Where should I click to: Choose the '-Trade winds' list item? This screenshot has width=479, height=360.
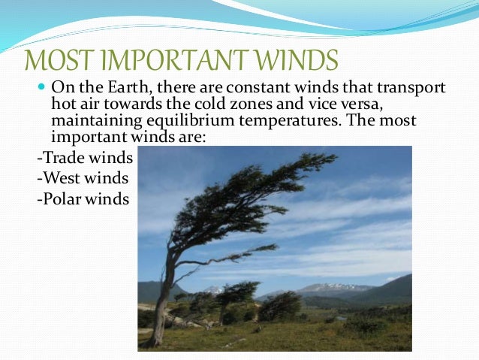[x=85, y=159]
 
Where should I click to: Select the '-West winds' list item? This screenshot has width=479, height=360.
[x=83, y=179]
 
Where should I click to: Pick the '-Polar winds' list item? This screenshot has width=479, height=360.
[x=83, y=200]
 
